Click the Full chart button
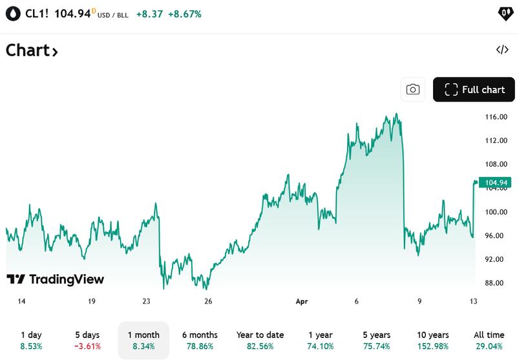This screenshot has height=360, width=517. [474, 90]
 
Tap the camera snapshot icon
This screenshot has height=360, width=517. [413, 90]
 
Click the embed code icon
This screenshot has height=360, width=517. [502, 50]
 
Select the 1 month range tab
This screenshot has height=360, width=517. [143, 341]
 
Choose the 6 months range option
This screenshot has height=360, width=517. [199, 341]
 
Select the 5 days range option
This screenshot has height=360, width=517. [87, 341]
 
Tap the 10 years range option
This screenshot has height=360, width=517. [433, 341]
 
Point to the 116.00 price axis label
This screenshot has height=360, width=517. [495, 117]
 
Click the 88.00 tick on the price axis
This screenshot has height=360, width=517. [495, 283]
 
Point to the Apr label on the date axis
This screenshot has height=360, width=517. [302, 301]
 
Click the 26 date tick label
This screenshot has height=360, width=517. [208, 301]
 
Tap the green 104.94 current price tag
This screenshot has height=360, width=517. [494, 183]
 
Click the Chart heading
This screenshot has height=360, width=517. [32, 50]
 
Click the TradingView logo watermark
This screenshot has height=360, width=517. [55, 279]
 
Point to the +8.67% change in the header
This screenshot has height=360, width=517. [184, 14]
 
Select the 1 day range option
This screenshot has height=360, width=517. [31, 341]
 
